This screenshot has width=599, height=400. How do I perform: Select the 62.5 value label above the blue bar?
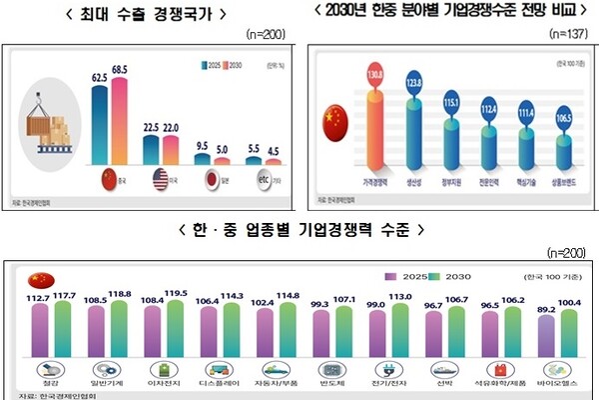100,76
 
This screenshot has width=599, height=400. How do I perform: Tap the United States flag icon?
161,180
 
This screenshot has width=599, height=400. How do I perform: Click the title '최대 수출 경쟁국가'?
150,14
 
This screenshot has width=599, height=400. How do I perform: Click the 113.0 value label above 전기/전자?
399,296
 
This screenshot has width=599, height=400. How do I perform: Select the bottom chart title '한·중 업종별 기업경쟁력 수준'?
299,229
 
